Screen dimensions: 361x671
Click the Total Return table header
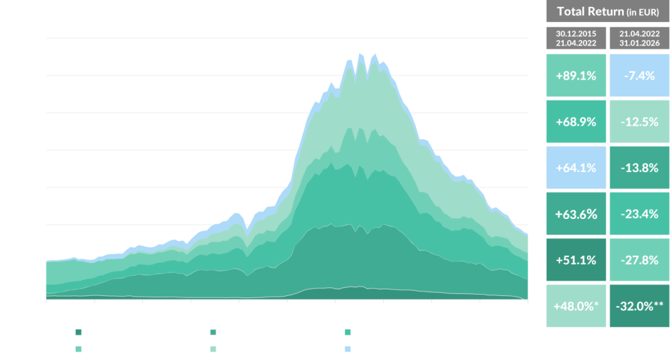607,12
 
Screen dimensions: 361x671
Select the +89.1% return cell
576,75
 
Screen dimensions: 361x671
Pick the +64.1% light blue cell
576,167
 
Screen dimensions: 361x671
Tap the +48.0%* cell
576,306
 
